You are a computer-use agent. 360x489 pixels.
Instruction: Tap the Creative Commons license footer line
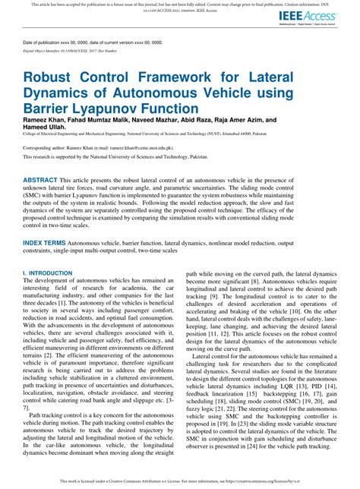click(x=180, y=481)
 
